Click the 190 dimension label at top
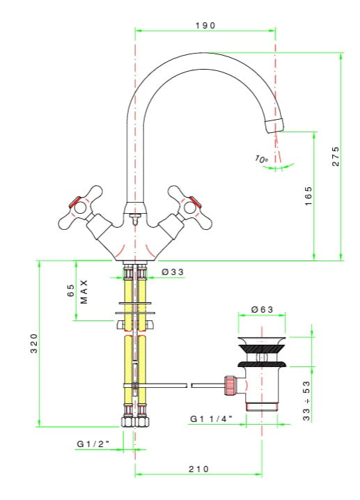[205, 26]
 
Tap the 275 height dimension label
[336, 156]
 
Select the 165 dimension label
[308, 196]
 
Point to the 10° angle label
[261, 159]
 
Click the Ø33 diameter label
[173, 272]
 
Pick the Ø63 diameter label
[262, 309]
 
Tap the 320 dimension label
[34, 343]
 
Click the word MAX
[84, 292]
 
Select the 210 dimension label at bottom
[198, 469]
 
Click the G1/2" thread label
[93, 444]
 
